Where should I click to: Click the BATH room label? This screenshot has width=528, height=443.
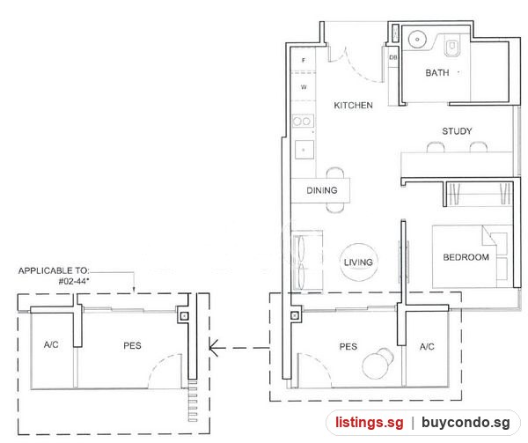[437, 73]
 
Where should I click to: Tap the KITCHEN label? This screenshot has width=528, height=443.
[353, 106]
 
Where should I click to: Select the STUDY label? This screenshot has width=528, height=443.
[457, 131]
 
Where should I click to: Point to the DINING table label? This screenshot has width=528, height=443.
[322, 190]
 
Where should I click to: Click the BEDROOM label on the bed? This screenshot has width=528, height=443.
[466, 257]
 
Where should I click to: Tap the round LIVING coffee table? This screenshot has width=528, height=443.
[358, 262]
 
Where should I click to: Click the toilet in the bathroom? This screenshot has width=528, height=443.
[451, 46]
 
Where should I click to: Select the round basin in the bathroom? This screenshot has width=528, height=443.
[417, 40]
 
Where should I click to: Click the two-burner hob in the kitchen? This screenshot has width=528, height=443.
[303, 122]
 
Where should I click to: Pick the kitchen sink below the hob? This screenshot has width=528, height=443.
[304, 150]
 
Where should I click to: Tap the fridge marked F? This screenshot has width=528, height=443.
[304, 60]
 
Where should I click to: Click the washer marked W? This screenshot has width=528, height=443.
[304, 87]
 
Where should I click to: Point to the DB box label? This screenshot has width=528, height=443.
[393, 57]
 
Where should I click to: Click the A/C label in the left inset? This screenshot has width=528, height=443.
[51, 344]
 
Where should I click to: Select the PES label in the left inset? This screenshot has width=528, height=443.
[132, 345]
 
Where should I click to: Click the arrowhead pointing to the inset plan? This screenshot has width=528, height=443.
[214, 347]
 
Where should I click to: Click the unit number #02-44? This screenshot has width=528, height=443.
[74, 281]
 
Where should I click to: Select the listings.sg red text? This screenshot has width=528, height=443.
[369, 423]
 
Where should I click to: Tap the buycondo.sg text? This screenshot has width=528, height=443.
[466, 423]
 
